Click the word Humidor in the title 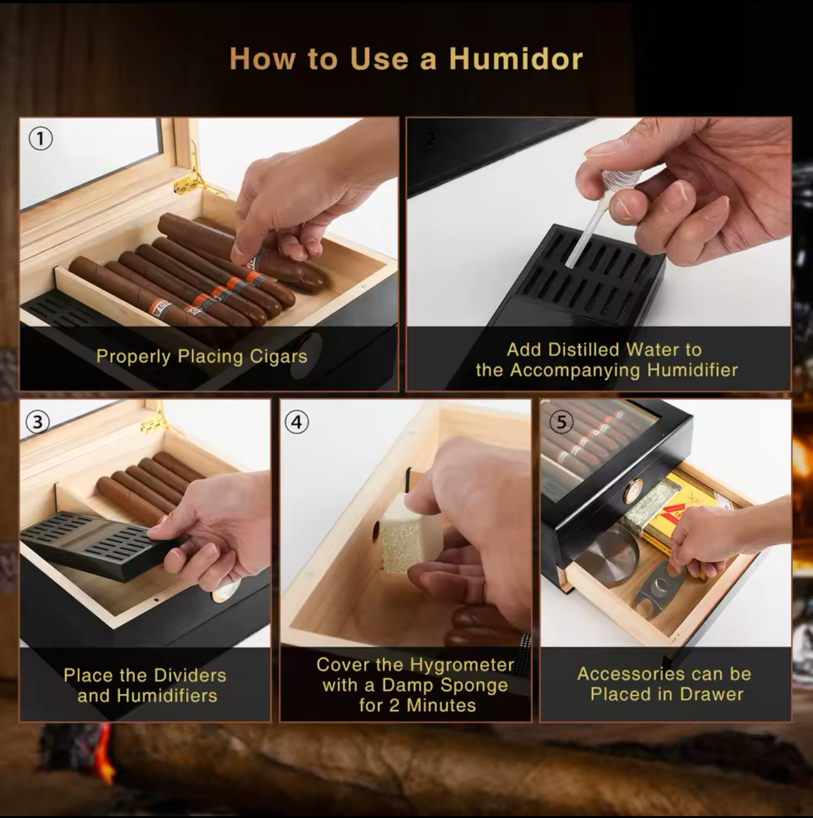coord(516,58)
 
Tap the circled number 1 coord(41,139)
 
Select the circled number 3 coord(38,422)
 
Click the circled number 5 coord(561,422)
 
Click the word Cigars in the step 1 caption coord(279,356)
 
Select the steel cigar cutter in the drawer coord(658,588)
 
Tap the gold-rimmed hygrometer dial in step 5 coord(634,491)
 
